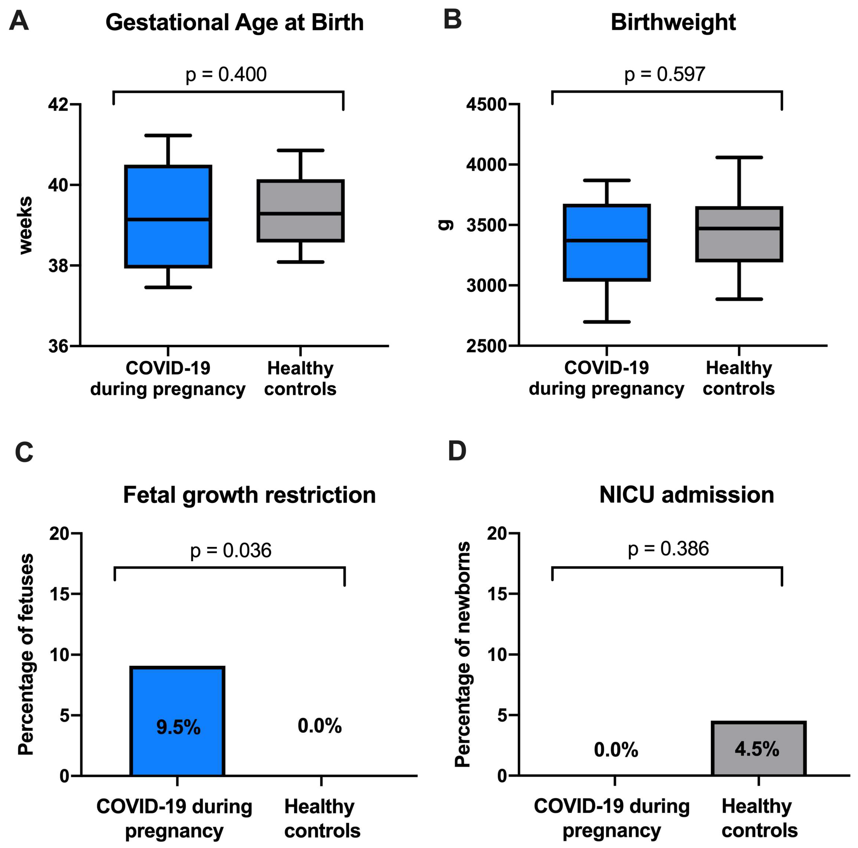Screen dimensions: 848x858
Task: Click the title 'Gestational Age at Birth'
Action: tap(234, 22)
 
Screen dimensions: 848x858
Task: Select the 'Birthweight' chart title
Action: tap(673, 22)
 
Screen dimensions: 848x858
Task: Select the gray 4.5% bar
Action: tap(759, 749)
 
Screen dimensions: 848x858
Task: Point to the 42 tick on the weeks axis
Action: tap(58, 105)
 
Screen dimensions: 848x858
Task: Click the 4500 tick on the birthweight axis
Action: tap(486, 105)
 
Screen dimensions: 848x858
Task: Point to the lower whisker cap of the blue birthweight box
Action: tap(607, 322)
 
